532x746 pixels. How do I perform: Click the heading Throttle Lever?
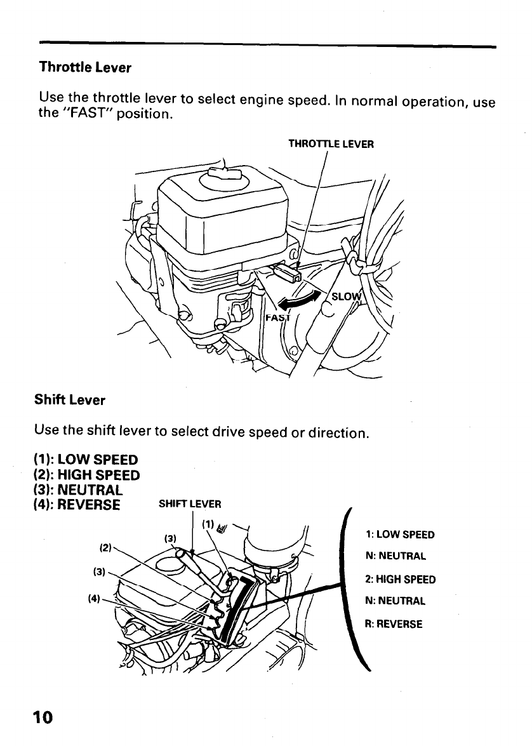tap(84, 67)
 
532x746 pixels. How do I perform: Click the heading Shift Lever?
tap(69, 401)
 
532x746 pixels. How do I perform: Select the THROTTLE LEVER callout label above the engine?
tap(331, 143)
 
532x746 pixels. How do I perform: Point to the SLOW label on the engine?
tap(345, 298)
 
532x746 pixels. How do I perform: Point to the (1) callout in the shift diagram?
tap(206, 524)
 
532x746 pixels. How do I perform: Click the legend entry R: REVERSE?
tap(392, 623)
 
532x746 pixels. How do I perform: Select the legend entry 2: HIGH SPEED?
tap(399, 579)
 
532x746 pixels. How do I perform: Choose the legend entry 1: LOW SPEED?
tap(399, 535)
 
